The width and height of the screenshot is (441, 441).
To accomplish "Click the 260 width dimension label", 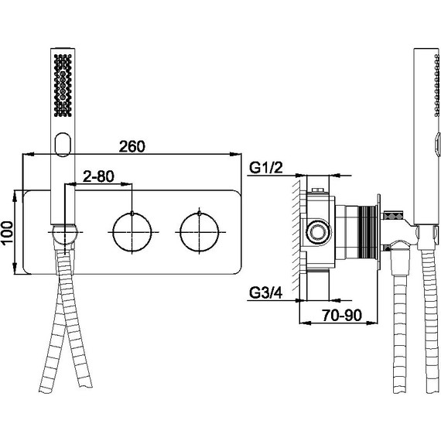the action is tap(132, 146).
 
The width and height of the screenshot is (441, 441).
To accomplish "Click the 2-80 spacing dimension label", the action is tap(98, 176).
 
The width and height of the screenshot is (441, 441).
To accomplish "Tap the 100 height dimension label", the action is tap(7, 233).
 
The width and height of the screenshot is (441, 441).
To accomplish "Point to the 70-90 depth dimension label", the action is tap(342, 315).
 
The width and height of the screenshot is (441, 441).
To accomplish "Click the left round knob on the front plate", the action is tap(132, 232).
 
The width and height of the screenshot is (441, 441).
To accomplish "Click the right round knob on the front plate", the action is tap(200, 232).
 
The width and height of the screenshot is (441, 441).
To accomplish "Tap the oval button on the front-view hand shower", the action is tap(63, 144).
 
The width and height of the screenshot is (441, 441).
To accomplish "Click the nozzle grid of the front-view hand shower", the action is tap(63, 85).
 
